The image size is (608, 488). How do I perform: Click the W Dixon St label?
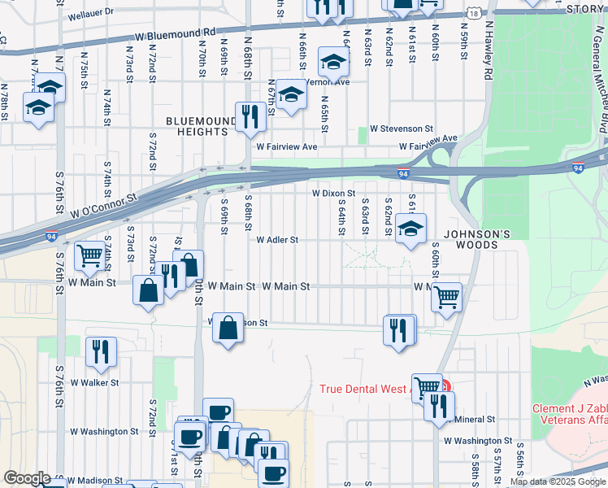[x=334, y=194]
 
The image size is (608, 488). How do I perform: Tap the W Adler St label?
[x=278, y=240]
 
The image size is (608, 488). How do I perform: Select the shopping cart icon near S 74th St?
[x=89, y=257]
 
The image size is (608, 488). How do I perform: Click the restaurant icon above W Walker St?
[x=100, y=352]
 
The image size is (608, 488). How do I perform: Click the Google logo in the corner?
[x=26, y=478]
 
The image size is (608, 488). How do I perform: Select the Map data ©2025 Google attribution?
[x=557, y=481]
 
